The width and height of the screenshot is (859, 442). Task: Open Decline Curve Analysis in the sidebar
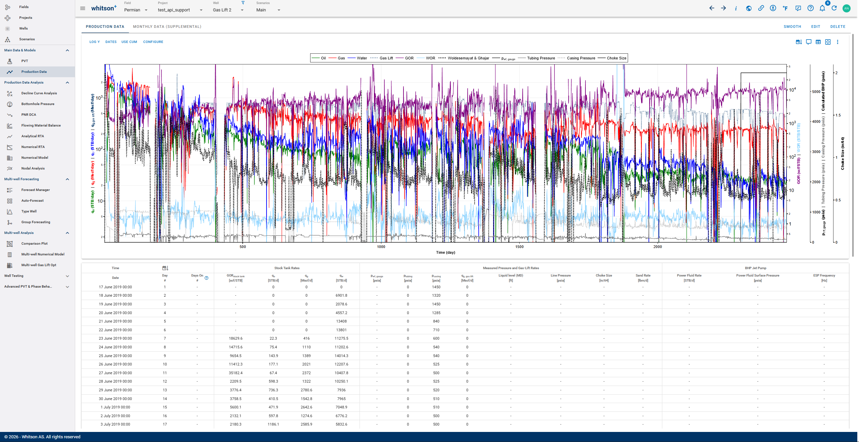[x=39, y=93]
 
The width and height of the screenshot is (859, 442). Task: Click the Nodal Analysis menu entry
[x=33, y=168]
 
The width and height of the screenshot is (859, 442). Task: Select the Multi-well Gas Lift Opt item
[x=39, y=265]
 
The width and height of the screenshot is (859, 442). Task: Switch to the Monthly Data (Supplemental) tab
[x=167, y=27]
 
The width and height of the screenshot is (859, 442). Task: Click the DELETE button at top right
[x=838, y=27]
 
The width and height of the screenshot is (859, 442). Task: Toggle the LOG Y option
[x=94, y=42]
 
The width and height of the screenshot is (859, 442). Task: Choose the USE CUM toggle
[x=129, y=42]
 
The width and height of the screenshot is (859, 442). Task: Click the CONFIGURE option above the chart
[x=153, y=42]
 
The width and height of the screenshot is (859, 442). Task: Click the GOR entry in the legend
[x=409, y=58]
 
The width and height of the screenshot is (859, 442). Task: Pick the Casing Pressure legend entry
[x=581, y=58]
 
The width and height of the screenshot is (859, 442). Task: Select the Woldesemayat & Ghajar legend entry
[x=468, y=58]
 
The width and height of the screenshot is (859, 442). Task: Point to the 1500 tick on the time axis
[x=519, y=247]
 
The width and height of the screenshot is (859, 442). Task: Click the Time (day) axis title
[x=445, y=253]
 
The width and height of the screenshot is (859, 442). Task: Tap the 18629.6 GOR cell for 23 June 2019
[x=235, y=339]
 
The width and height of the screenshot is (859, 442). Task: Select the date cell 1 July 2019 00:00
[x=115, y=407]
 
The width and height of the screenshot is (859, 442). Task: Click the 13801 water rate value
[x=341, y=330]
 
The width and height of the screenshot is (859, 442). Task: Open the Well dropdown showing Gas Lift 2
[x=228, y=10]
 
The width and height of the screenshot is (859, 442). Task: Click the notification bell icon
[x=822, y=8]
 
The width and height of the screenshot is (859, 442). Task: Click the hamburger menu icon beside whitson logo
[x=83, y=8]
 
